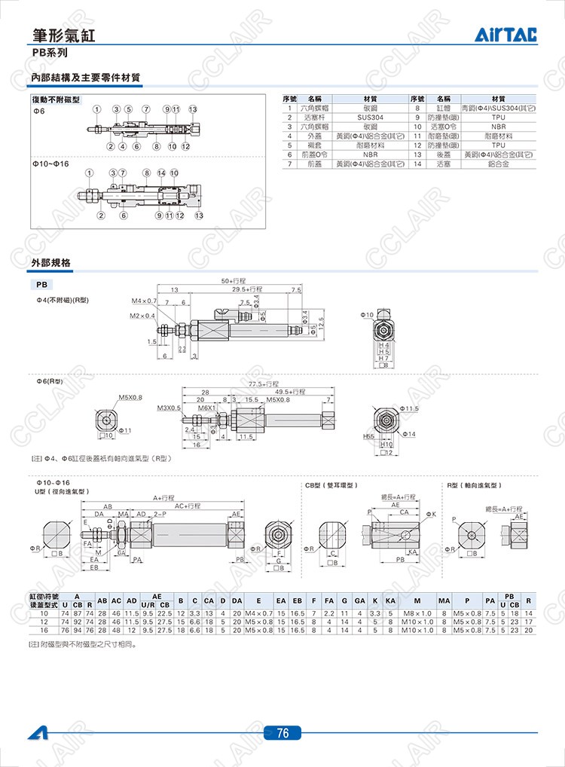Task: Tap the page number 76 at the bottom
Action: click(x=282, y=733)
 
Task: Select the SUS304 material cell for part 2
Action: click(x=370, y=118)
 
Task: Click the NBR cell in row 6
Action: click(x=370, y=154)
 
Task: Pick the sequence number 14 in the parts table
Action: click(x=419, y=163)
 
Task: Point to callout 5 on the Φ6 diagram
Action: click(x=129, y=110)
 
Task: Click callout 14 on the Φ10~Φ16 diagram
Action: click(x=161, y=173)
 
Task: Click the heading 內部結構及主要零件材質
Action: click(x=86, y=78)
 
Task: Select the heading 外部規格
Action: click(x=51, y=263)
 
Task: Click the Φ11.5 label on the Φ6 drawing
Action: click(x=409, y=408)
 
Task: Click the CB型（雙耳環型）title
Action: click(x=330, y=486)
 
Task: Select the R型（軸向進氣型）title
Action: click(x=474, y=486)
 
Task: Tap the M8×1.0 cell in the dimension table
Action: click(x=416, y=614)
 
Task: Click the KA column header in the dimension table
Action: click(x=389, y=600)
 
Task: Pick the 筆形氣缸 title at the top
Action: click(x=64, y=35)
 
